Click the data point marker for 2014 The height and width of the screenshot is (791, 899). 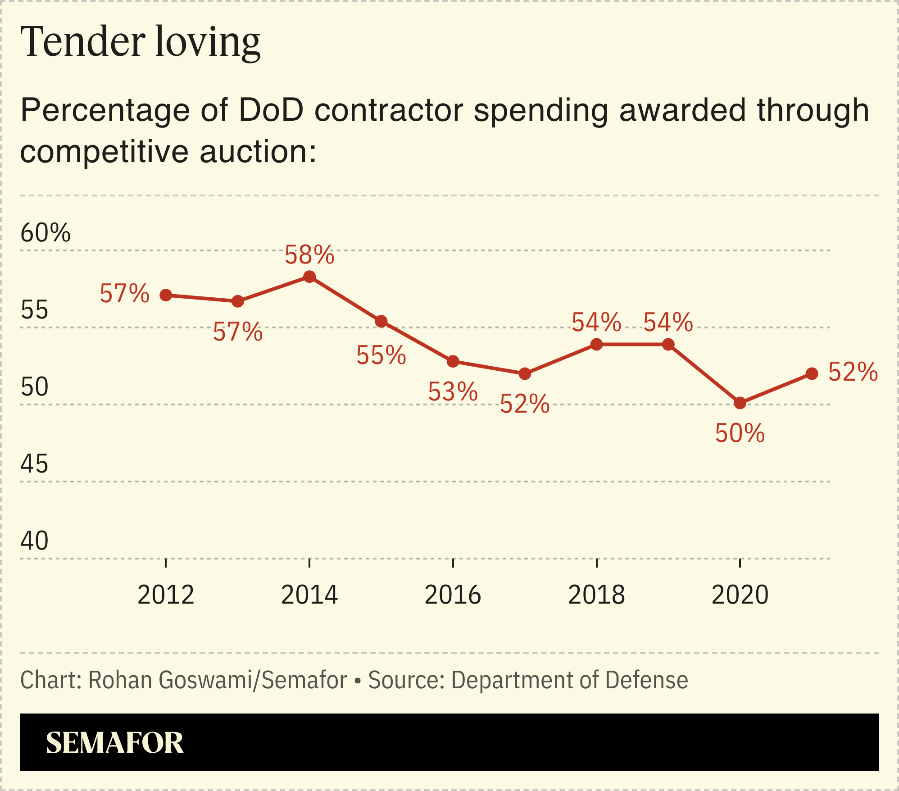[x=309, y=277]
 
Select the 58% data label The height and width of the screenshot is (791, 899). [x=309, y=255]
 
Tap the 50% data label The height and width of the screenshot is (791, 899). [x=740, y=433]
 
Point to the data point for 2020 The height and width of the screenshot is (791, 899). [x=740, y=403]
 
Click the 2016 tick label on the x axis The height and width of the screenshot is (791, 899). [x=453, y=595]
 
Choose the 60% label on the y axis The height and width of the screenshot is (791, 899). [x=45, y=233]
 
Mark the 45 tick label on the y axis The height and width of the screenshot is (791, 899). [x=34, y=464]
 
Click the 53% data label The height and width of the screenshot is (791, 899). [x=453, y=391]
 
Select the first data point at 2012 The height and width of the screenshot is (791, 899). [x=166, y=295]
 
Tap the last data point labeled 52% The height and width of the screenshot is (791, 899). [x=812, y=373]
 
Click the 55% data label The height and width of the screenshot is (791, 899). [x=381, y=355]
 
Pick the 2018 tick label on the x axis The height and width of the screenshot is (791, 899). [x=596, y=595]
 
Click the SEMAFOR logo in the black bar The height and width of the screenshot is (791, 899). [x=114, y=743]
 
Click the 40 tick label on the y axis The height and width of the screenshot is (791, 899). [x=34, y=541]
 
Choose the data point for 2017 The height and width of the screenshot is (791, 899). [x=525, y=373]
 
